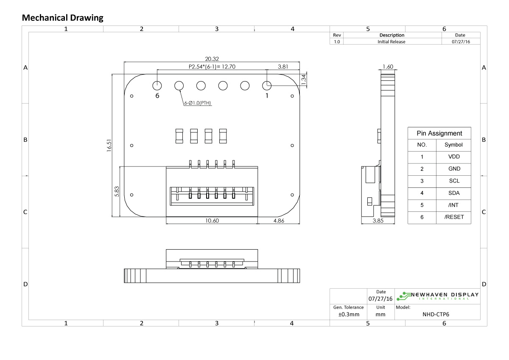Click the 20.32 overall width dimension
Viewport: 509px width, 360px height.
(212, 59)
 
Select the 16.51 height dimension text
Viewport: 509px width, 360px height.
(109, 146)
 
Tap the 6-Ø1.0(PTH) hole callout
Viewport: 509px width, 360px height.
(197, 103)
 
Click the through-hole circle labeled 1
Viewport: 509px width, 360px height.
(266, 85)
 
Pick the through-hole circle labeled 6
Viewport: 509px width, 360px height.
(157, 85)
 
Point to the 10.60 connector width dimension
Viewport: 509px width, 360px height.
(212, 221)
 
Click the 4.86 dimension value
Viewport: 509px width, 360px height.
(280, 221)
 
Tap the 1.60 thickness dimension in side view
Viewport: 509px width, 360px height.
(388, 67)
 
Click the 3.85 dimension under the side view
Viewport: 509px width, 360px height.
(378, 221)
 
